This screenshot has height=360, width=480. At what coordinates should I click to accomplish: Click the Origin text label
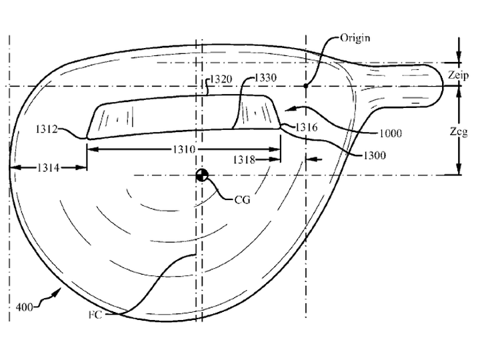click(355, 38)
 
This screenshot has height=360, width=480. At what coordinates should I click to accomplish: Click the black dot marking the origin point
click(305, 86)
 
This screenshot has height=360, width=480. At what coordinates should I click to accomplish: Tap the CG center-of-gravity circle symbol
click(202, 175)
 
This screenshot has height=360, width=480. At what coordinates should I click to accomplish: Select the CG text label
click(243, 200)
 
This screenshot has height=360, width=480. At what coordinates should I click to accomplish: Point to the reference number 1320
click(221, 79)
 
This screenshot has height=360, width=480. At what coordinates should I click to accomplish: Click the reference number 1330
click(265, 78)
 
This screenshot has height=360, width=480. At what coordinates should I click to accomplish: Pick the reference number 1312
click(47, 129)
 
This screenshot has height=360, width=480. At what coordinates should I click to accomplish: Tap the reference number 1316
click(307, 127)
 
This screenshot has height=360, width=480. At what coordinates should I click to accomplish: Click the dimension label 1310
click(184, 149)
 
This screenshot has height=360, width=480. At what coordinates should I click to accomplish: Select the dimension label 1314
click(49, 167)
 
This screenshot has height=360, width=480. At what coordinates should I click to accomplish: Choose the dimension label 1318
click(244, 159)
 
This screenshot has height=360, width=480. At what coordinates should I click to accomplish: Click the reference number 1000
click(391, 133)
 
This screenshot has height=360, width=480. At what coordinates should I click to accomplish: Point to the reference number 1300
click(375, 155)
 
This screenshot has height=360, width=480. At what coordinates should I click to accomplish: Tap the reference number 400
click(24, 307)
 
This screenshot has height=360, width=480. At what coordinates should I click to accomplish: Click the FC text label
click(95, 315)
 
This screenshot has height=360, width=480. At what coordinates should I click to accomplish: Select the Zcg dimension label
click(459, 131)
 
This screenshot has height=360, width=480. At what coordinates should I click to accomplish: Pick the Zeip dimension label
click(458, 75)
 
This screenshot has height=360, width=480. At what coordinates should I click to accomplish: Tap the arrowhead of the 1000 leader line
click(289, 108)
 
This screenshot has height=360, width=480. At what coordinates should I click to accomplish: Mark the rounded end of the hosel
click(443, 86)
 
